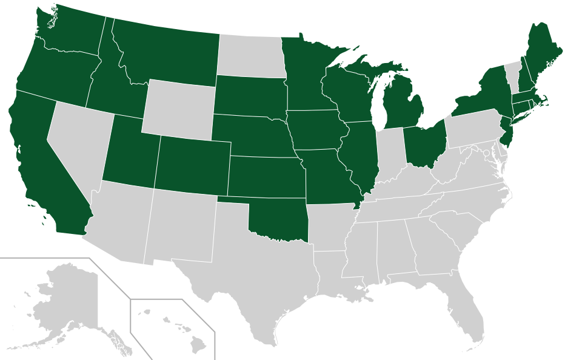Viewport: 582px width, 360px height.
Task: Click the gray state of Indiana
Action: [389, 155]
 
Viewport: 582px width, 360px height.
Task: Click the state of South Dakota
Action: [249, 96]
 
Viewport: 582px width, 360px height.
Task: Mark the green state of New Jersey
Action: [508, 130]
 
